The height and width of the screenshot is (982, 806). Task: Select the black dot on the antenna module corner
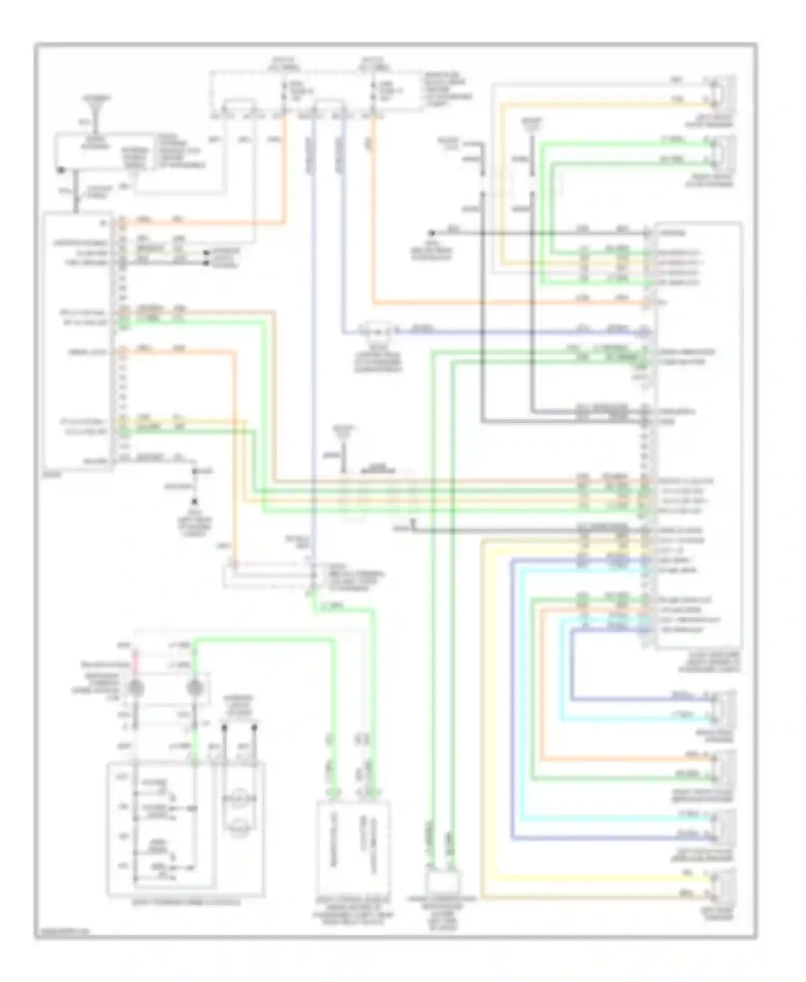coord(60,170)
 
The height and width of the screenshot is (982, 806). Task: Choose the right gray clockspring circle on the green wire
coord(194,688)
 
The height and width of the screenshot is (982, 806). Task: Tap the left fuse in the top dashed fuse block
coord(285,91)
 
